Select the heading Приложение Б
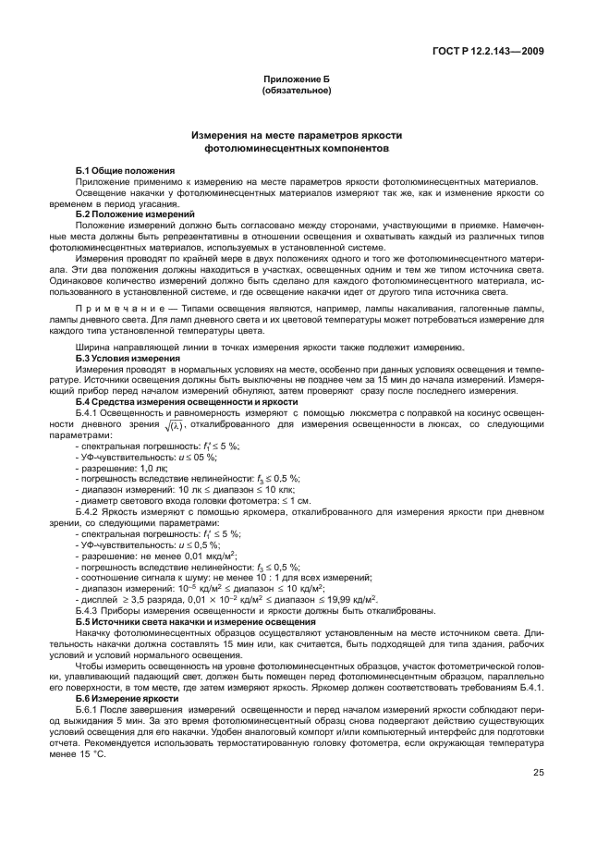(x=298, y=81)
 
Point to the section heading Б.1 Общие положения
(x=125, y=171)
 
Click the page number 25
(x=537, y=774)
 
